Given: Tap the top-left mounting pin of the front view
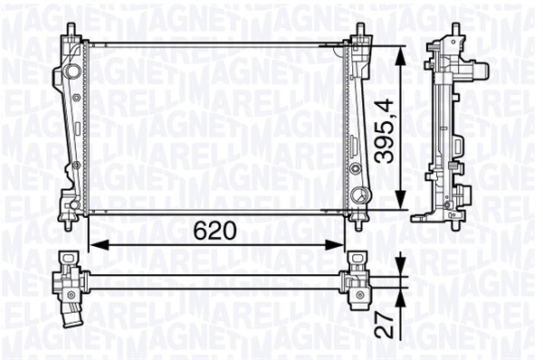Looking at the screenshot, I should click(67, 33).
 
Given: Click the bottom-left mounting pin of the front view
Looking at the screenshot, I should click(67, 217).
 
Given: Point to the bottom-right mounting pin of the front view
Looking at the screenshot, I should click(362, 217).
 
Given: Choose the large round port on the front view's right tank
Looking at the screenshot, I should click(360, 192).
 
